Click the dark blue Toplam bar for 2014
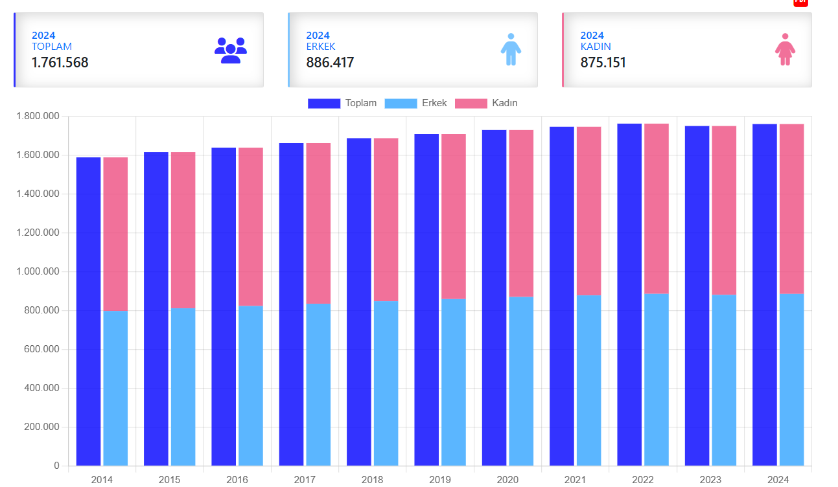pos(88,311)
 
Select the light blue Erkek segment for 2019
pos(454,382)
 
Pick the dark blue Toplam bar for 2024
pos(765,295)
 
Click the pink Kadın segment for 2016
pos(250,227)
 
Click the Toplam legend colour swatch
pos(323,104)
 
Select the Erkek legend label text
pos(434,103)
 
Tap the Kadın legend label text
pos(505,103)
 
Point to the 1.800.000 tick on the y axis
pos(38,117)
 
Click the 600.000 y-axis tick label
pos(41,350)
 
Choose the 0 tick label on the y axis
pos(56,466)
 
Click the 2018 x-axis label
pos(372,480)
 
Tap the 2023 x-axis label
pos(710,480)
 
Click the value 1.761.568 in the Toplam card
pos(60,63)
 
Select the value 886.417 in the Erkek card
pos(330,63)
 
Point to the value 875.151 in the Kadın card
pos(603,63)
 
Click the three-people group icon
pos(231,50)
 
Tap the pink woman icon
pos(785,49)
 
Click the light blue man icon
pos(511,49)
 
